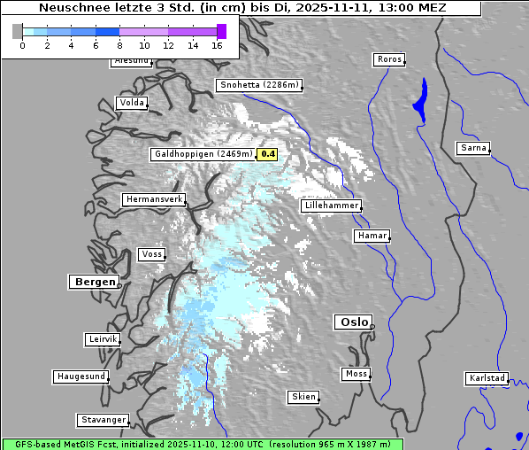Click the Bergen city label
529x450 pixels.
[x=93, y=282]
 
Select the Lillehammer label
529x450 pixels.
[x=331, y=206]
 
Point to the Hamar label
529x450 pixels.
[x=371, y=236]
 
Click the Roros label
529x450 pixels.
[x=388, y=59]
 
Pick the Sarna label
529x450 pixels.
[x=473, y=148]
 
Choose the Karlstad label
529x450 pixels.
[x=487, y=378]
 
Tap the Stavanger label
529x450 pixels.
[x=103, y=420]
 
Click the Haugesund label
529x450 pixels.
[x=80, y=376]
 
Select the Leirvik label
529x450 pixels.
[x=103, y=339]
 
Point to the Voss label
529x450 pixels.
[x=151, y=254]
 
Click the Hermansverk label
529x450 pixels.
[x=153, y=199]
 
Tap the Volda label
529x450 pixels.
[x=131, y=103]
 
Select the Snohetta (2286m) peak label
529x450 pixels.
[x=259, y=86]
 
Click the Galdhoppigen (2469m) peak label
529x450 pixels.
[x=203, y=154]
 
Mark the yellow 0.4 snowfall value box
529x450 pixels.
[x=268, y=154]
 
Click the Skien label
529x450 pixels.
[x=303, y=397]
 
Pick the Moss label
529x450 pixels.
[x=356, y=374]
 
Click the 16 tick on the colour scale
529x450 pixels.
[x=218, y=45]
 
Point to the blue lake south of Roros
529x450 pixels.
[x=419, y=99]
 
